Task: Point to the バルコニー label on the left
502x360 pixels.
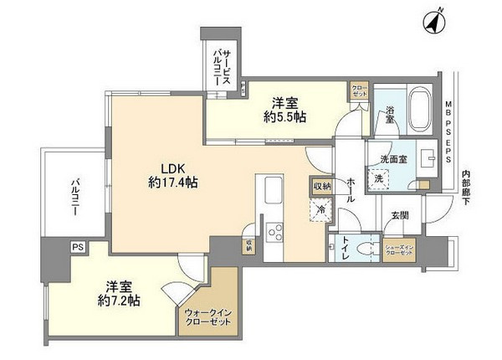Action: pyautogui.click(x=74, y=198)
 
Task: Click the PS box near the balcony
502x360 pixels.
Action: pyautogui.click(x=77, y=247)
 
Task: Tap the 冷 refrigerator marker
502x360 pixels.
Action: pyautogui.click(x=319, y=212)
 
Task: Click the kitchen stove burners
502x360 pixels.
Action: pyautogui.click(x=274, y=232)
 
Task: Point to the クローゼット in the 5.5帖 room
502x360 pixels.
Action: pyautogui.click(x=358, y=90)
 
